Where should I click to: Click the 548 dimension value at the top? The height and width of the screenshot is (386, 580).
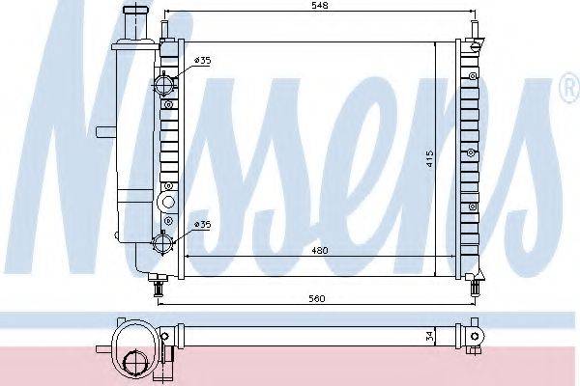click(320, 6)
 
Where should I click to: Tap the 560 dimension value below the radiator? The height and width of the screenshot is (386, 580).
click(317, 298)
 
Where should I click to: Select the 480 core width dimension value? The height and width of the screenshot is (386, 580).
click(320, 251)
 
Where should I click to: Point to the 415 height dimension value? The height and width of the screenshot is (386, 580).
click(429, 158)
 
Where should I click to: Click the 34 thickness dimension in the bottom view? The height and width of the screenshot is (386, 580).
click(429, 336)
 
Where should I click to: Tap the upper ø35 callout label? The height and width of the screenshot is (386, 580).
click(203, 60)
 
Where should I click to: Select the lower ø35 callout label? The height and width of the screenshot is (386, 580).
click(203, 224)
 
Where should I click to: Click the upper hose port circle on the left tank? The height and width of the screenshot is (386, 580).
click(163, 85)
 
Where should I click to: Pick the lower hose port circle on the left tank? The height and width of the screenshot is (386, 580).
click(162, 243)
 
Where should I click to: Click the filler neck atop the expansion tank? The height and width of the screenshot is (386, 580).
click(136, 22)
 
